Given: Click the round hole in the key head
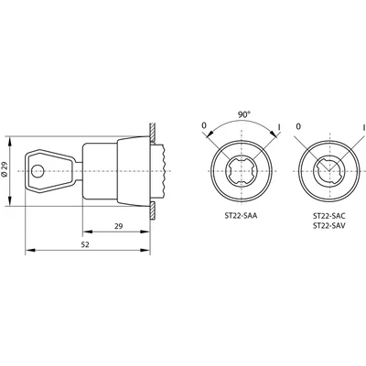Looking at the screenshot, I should pos(37,170).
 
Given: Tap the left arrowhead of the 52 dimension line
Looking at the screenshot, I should pos(25,247).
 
